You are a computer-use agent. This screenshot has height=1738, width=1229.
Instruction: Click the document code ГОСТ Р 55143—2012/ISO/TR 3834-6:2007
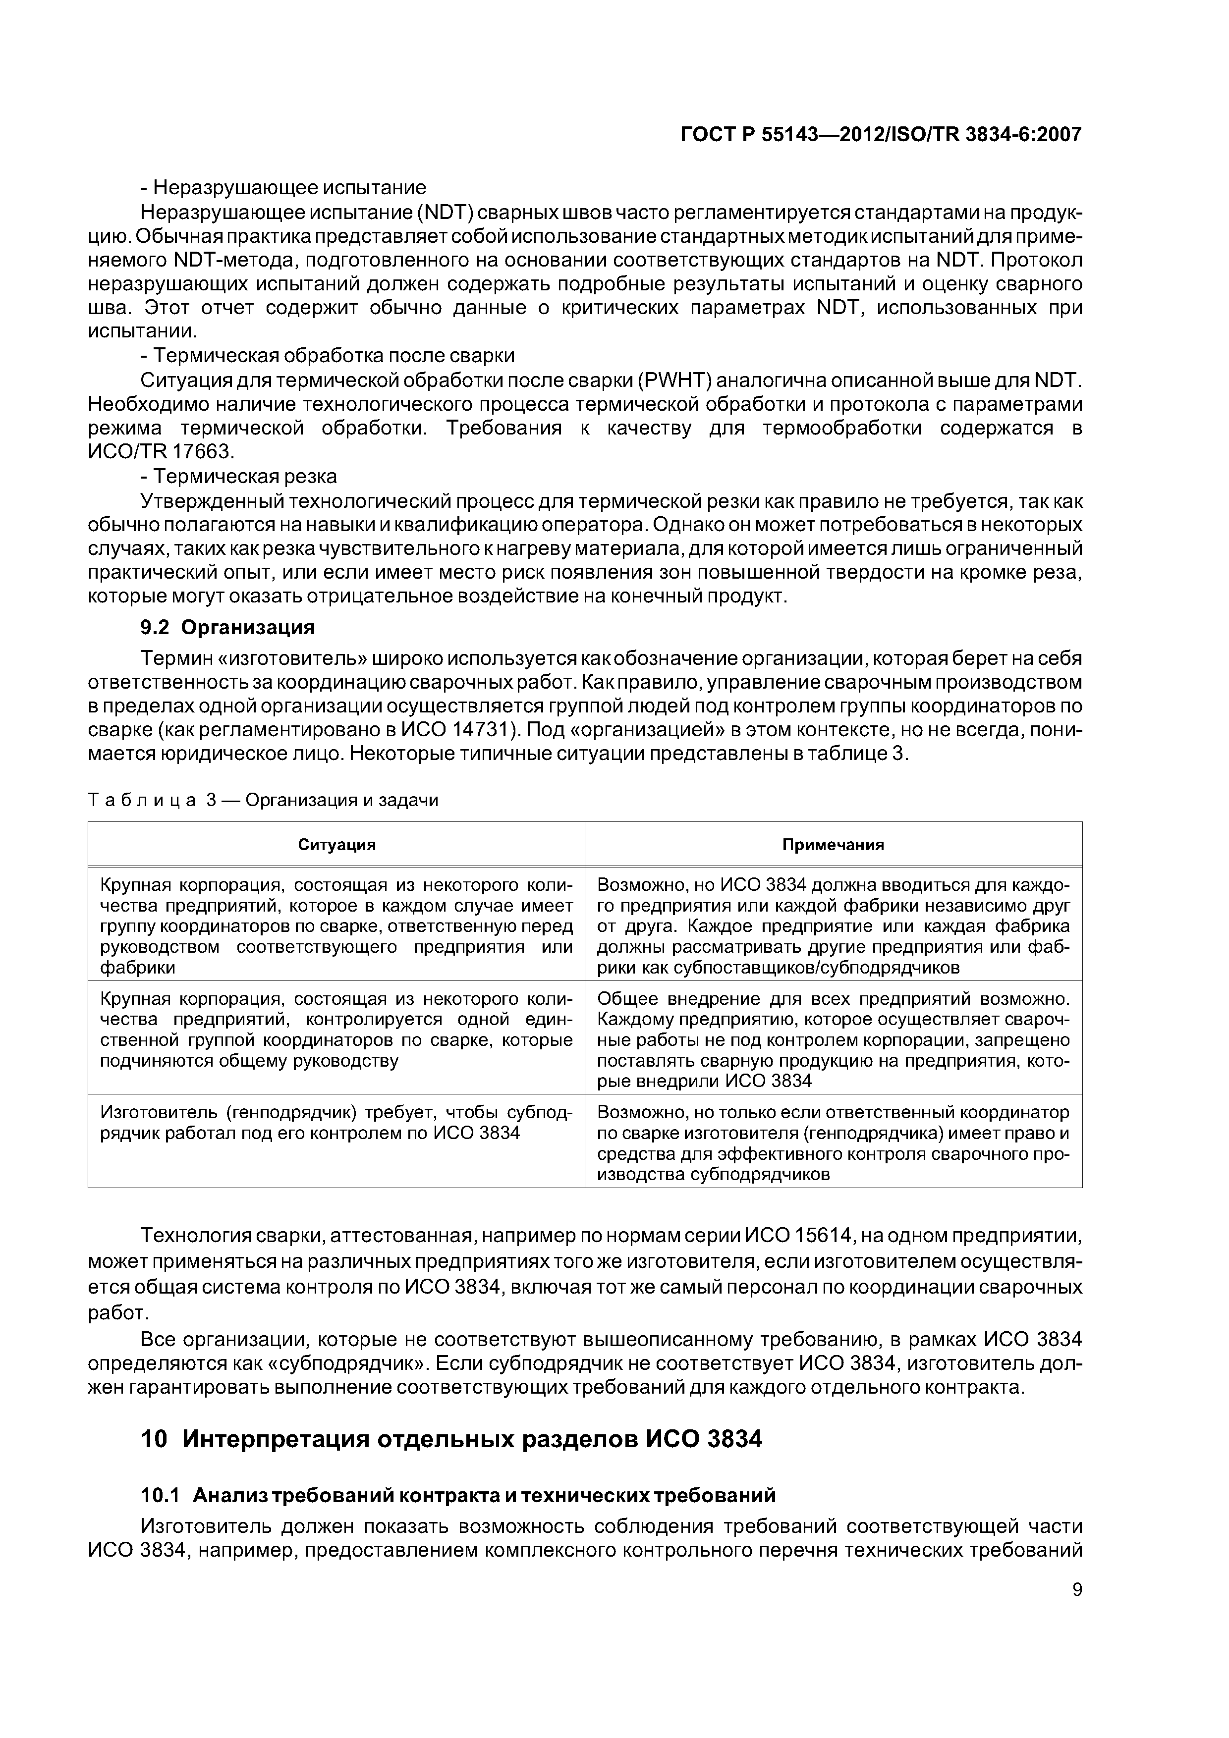[881, 135]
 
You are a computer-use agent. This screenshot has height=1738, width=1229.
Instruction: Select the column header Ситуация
[336, 845]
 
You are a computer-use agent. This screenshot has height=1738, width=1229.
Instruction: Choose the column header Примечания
[833, 845]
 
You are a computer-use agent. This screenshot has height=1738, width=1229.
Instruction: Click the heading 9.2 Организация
[227, 628]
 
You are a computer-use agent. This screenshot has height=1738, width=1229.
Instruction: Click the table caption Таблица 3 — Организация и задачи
[264, 800]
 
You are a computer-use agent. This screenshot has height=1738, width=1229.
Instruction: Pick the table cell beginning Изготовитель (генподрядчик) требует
[336, 1123]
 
